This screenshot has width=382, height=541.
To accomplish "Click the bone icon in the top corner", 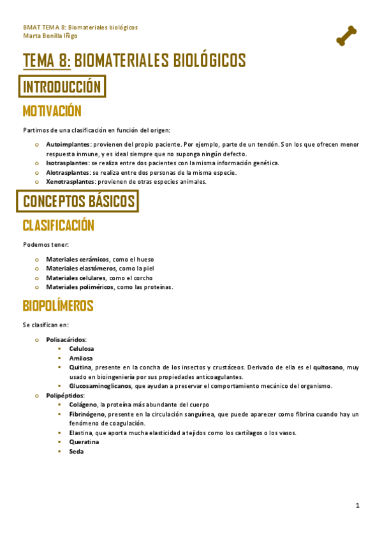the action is pos(346,36).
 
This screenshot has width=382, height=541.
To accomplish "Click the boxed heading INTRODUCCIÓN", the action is pos(62,86).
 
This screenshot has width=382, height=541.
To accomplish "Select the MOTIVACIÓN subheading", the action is pos(52,112).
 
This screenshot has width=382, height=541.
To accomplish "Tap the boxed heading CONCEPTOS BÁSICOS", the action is pos(79,202).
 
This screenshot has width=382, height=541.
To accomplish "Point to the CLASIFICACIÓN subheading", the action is pos(59,225).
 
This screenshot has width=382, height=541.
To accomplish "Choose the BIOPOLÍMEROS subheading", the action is pos(58,306).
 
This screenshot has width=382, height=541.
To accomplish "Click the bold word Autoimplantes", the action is pos(68,145).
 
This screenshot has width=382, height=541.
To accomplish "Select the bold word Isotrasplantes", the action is pos(67,163).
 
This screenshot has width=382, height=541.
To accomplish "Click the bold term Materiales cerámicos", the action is pos(77,260).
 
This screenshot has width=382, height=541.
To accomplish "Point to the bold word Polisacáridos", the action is pos(66,339).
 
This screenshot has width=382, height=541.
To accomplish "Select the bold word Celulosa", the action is pos(82,349).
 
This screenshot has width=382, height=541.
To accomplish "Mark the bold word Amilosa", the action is pos(80,359).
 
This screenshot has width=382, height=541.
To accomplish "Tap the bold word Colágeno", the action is pos(83,404).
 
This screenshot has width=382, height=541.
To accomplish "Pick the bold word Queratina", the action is pos(84,441).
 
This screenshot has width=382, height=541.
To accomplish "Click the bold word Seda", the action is pos(77,451).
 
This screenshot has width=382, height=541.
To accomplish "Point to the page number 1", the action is pos(358,506).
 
